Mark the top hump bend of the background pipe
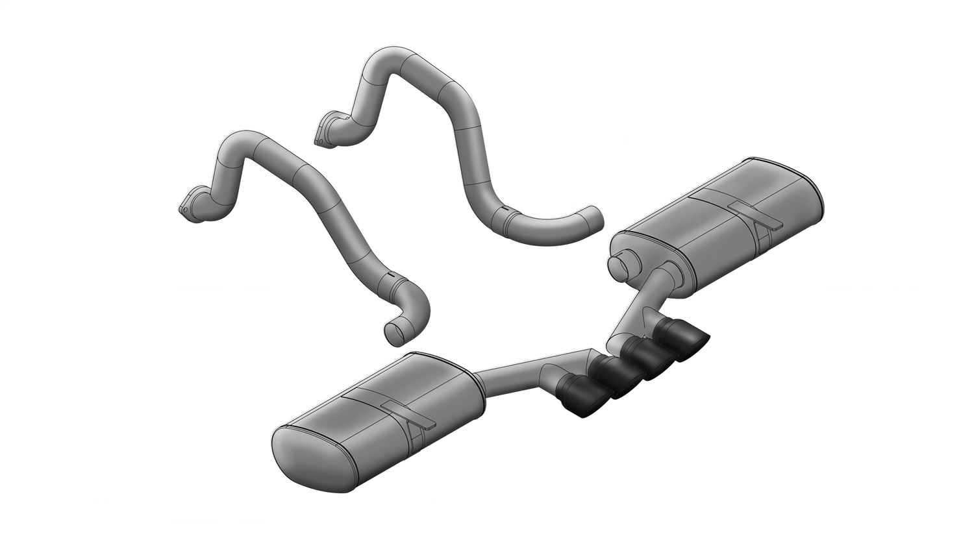click(x=396, y=58)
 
